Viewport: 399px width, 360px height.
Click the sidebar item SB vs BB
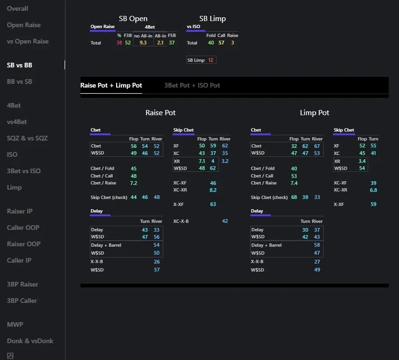click(19, 65)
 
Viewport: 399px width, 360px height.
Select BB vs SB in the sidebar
click(19, 81)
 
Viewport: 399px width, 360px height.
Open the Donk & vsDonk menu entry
click(30, 341)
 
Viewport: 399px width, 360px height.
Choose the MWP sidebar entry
click(15, 324)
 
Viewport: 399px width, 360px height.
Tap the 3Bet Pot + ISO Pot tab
click(192, 85)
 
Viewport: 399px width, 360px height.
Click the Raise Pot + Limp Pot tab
click(111, 85)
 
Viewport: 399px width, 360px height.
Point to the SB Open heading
click(133, 19)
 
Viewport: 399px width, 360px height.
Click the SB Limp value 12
click(210, 60)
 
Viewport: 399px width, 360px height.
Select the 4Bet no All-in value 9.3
click(143, 43)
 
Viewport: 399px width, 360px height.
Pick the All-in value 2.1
click(160, 43)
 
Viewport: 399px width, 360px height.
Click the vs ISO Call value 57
click(221, 43)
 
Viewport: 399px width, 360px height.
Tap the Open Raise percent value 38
click(119, 43)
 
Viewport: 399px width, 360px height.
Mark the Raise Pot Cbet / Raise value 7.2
click(134, 183)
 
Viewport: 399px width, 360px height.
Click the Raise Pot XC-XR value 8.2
click(213, 190)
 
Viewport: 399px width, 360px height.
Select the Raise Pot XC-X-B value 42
click(225, 221)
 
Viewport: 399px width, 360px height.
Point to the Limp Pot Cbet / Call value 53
click(294, 176)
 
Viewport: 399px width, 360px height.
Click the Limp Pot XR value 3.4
click(362, 161)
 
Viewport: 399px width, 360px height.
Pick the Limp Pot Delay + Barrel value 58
click(317, 245)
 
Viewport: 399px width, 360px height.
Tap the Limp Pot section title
click(314, 113)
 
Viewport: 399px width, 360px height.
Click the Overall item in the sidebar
click(17, 8)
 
